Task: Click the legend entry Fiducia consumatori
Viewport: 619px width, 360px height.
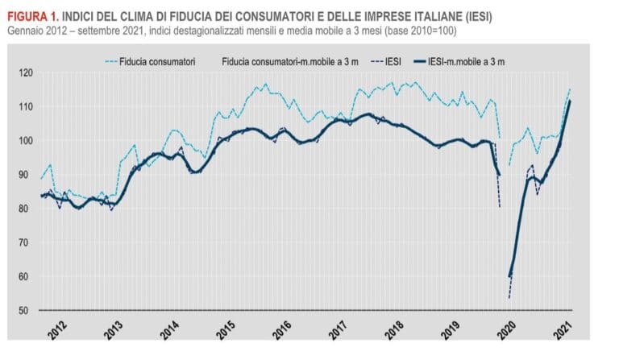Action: (161, 60)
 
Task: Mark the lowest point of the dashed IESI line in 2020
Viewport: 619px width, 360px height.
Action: (509, 298)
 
